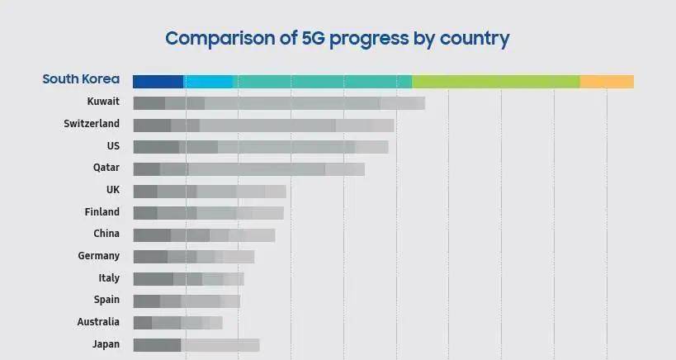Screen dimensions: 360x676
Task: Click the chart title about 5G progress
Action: [x=337, y=38]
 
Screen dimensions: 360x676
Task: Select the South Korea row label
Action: [x=81, y=80]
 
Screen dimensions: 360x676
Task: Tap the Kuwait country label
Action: [x=103, y=102]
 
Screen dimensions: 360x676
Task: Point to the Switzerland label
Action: [x=92, y=124]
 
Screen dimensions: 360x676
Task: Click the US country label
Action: [x=113, y=146]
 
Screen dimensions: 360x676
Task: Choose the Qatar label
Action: [x=106, y=168]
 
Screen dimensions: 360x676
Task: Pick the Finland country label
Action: [x=102, y=212]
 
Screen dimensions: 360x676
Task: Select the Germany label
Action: [x=99, y=256]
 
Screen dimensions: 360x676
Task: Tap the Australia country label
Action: [x=97, y=322]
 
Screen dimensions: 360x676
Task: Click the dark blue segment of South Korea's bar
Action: [x=158, y=81]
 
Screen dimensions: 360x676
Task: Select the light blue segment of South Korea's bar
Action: [x=208, y=81]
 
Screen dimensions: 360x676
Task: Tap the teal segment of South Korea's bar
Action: [x=322, y=81]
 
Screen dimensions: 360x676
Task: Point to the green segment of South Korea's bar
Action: [x=495, y=81]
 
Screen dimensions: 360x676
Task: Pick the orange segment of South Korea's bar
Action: [x=607, y=81]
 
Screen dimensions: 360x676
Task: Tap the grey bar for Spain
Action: [x=186, y=301]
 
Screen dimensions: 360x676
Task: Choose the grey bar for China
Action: [x=203, y=235]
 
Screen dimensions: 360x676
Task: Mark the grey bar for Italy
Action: [x=188, y=279]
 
